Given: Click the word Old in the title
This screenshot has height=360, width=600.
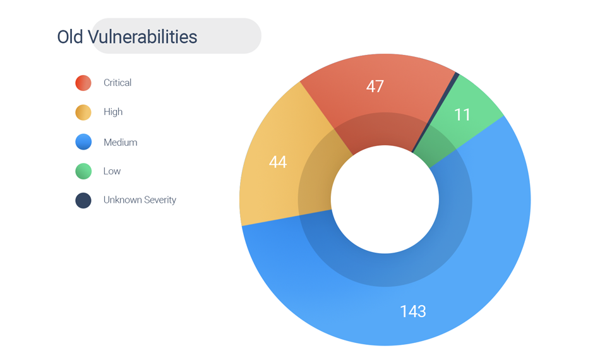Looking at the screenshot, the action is (x=70, y=37).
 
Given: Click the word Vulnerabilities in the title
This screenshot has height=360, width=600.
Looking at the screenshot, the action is (x=142, y=37).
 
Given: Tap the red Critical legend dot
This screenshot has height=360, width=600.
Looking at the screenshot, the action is (x=83, y=83).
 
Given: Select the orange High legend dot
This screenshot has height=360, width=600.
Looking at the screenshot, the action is (x=83, y=112).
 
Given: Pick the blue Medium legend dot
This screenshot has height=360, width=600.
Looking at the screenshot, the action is (x=83, y=141).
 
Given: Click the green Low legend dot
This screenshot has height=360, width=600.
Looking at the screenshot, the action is (x=83, y=171).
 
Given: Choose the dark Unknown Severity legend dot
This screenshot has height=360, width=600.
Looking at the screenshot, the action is (x=83, y=200).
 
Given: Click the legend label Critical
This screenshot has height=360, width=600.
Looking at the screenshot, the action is (x=117, y=83).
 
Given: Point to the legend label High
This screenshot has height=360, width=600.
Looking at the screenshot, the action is (x=113, y=112).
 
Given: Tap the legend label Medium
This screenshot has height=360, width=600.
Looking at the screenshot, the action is (x=120, y=142).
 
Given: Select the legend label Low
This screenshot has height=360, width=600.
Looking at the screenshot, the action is (x=112, y=171).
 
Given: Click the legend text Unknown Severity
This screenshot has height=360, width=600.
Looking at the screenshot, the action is (x=140, y=200).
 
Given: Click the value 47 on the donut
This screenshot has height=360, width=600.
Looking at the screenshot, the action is (x=375, y=86).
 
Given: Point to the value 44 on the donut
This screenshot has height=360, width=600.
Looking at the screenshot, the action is (x=278, y=162).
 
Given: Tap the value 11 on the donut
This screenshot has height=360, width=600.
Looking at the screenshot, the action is (x=462, y=115).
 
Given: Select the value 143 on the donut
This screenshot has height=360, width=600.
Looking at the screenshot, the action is (x=413, y=311).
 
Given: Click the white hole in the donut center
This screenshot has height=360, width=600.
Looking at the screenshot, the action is (x=385, y=200).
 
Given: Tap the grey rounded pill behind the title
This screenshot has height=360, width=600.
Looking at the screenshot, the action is (x=176, y=35).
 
